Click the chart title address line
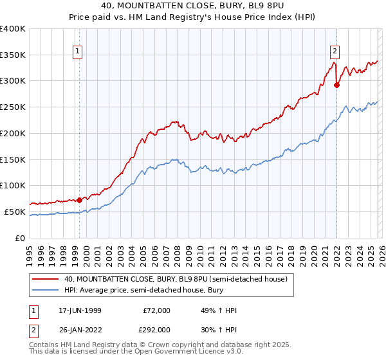click(192, 5)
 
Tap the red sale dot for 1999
click(79, 200)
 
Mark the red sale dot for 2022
click(336, 85)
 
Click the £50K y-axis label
click(14, 212)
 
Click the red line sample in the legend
click(46, 279)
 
